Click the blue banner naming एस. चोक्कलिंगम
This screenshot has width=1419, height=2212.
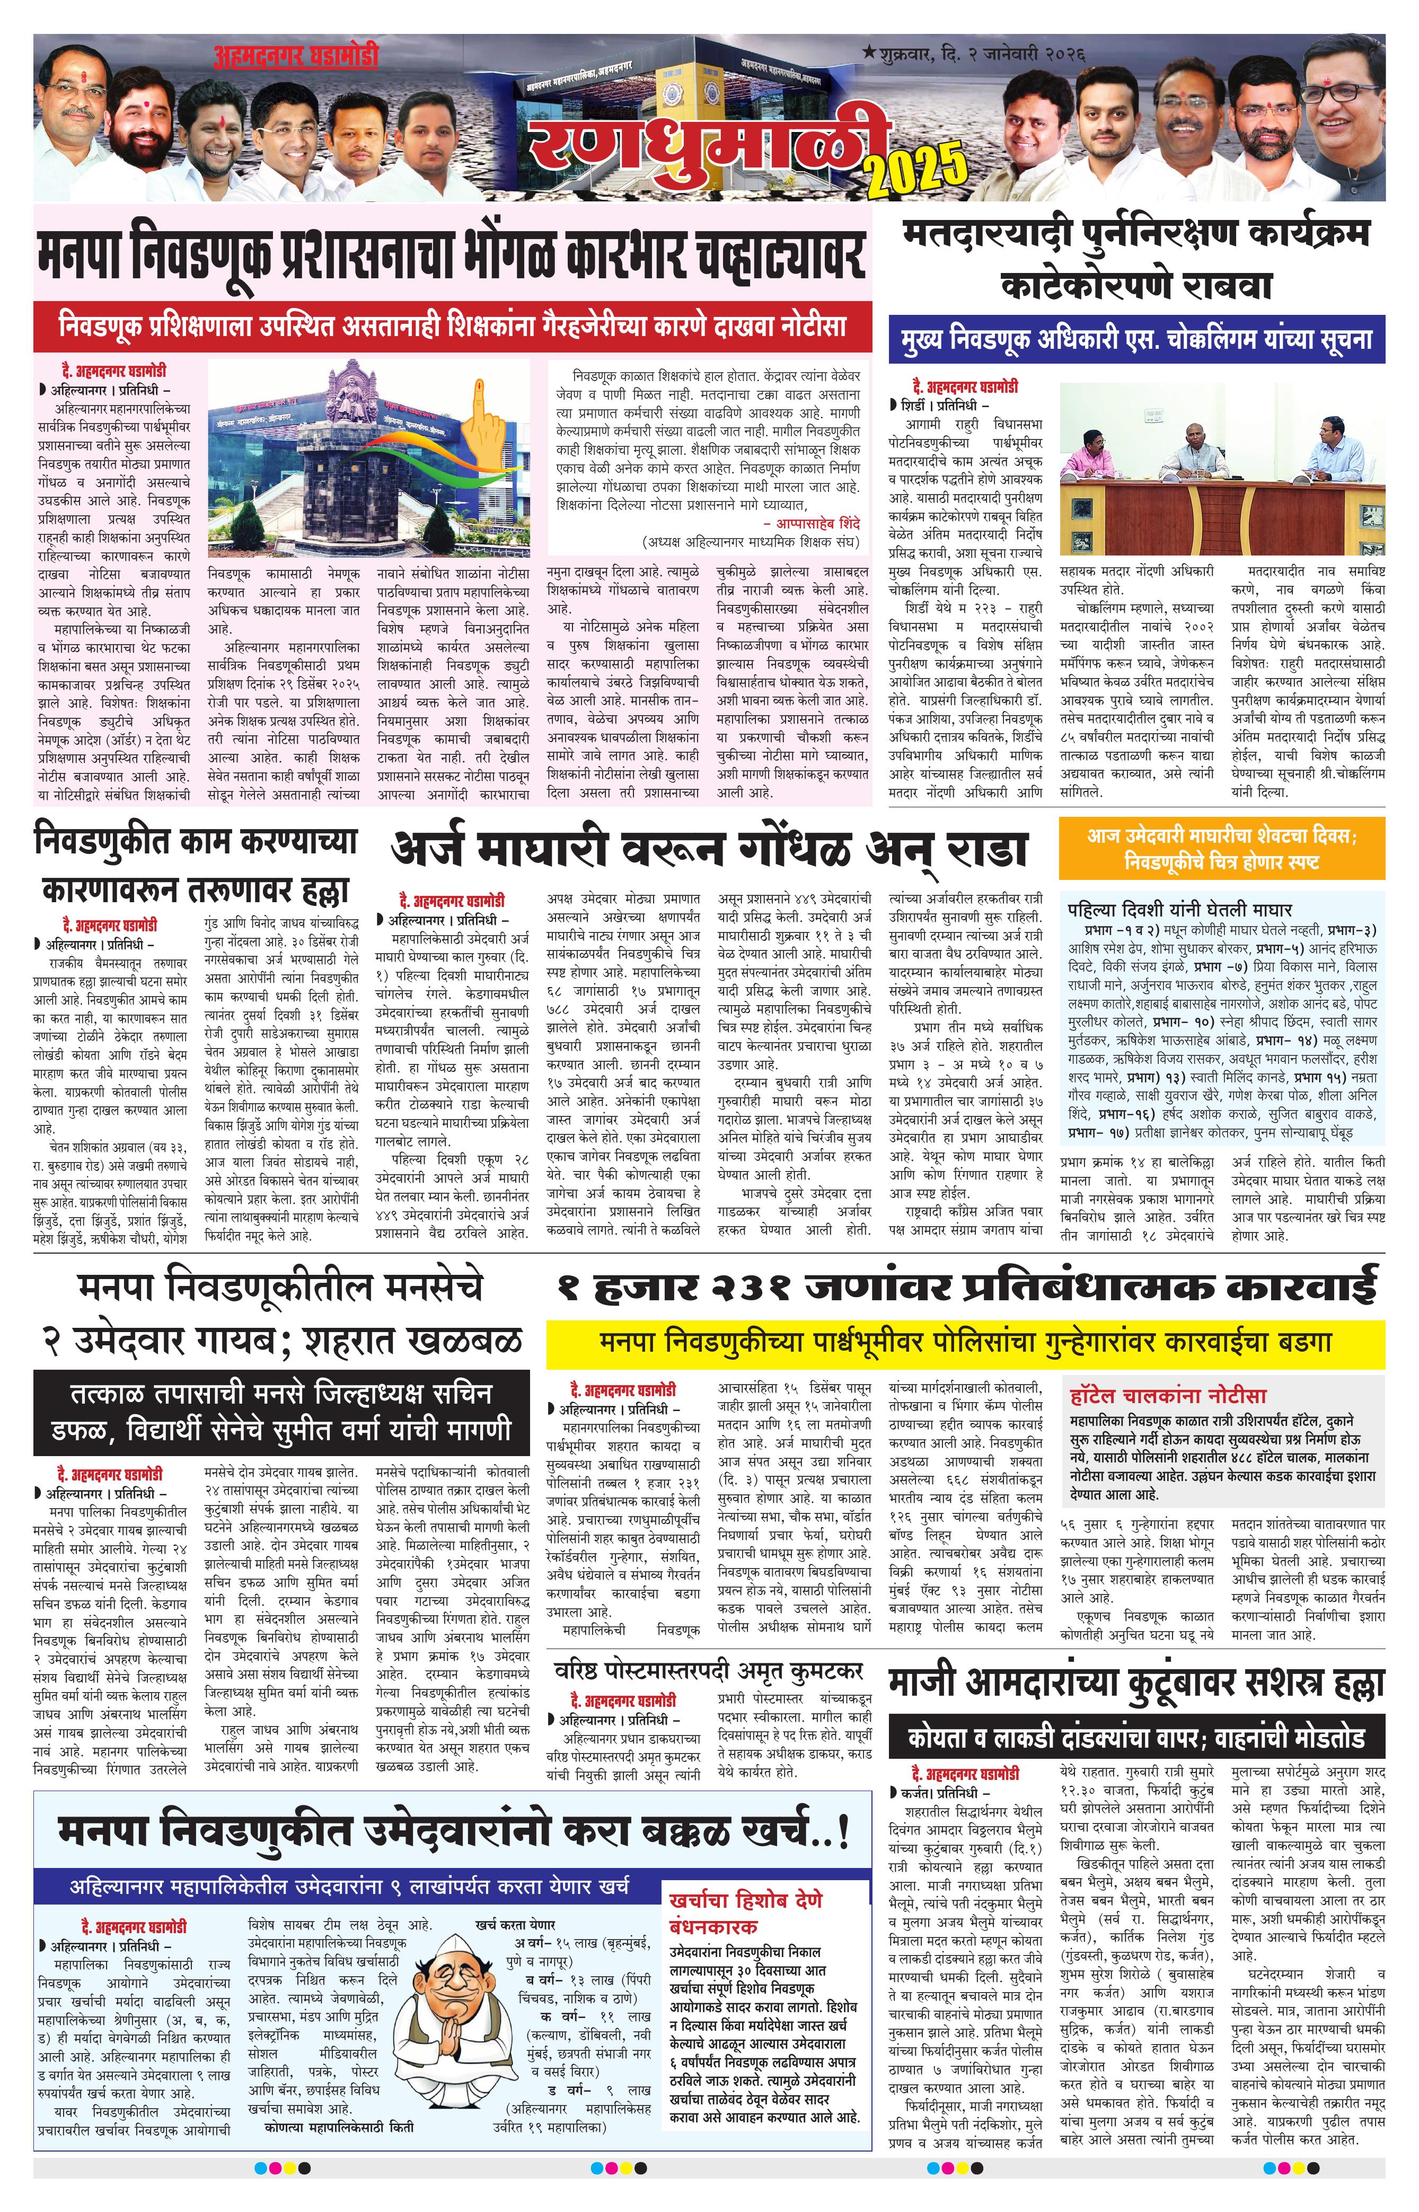point(1136,340)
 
